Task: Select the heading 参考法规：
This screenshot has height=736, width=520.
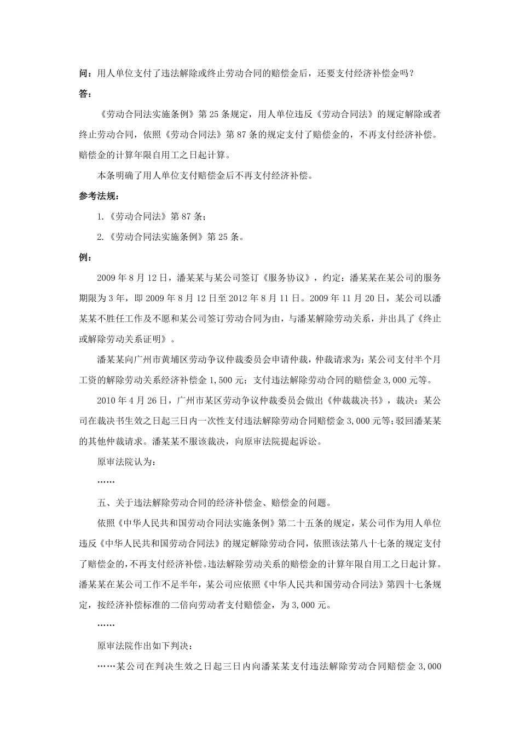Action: coord(99,196)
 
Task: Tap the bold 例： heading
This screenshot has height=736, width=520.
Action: coord(86,257)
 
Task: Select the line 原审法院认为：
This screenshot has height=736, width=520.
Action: coord(126,462)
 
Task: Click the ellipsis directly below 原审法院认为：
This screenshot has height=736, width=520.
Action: coord(106,482)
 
